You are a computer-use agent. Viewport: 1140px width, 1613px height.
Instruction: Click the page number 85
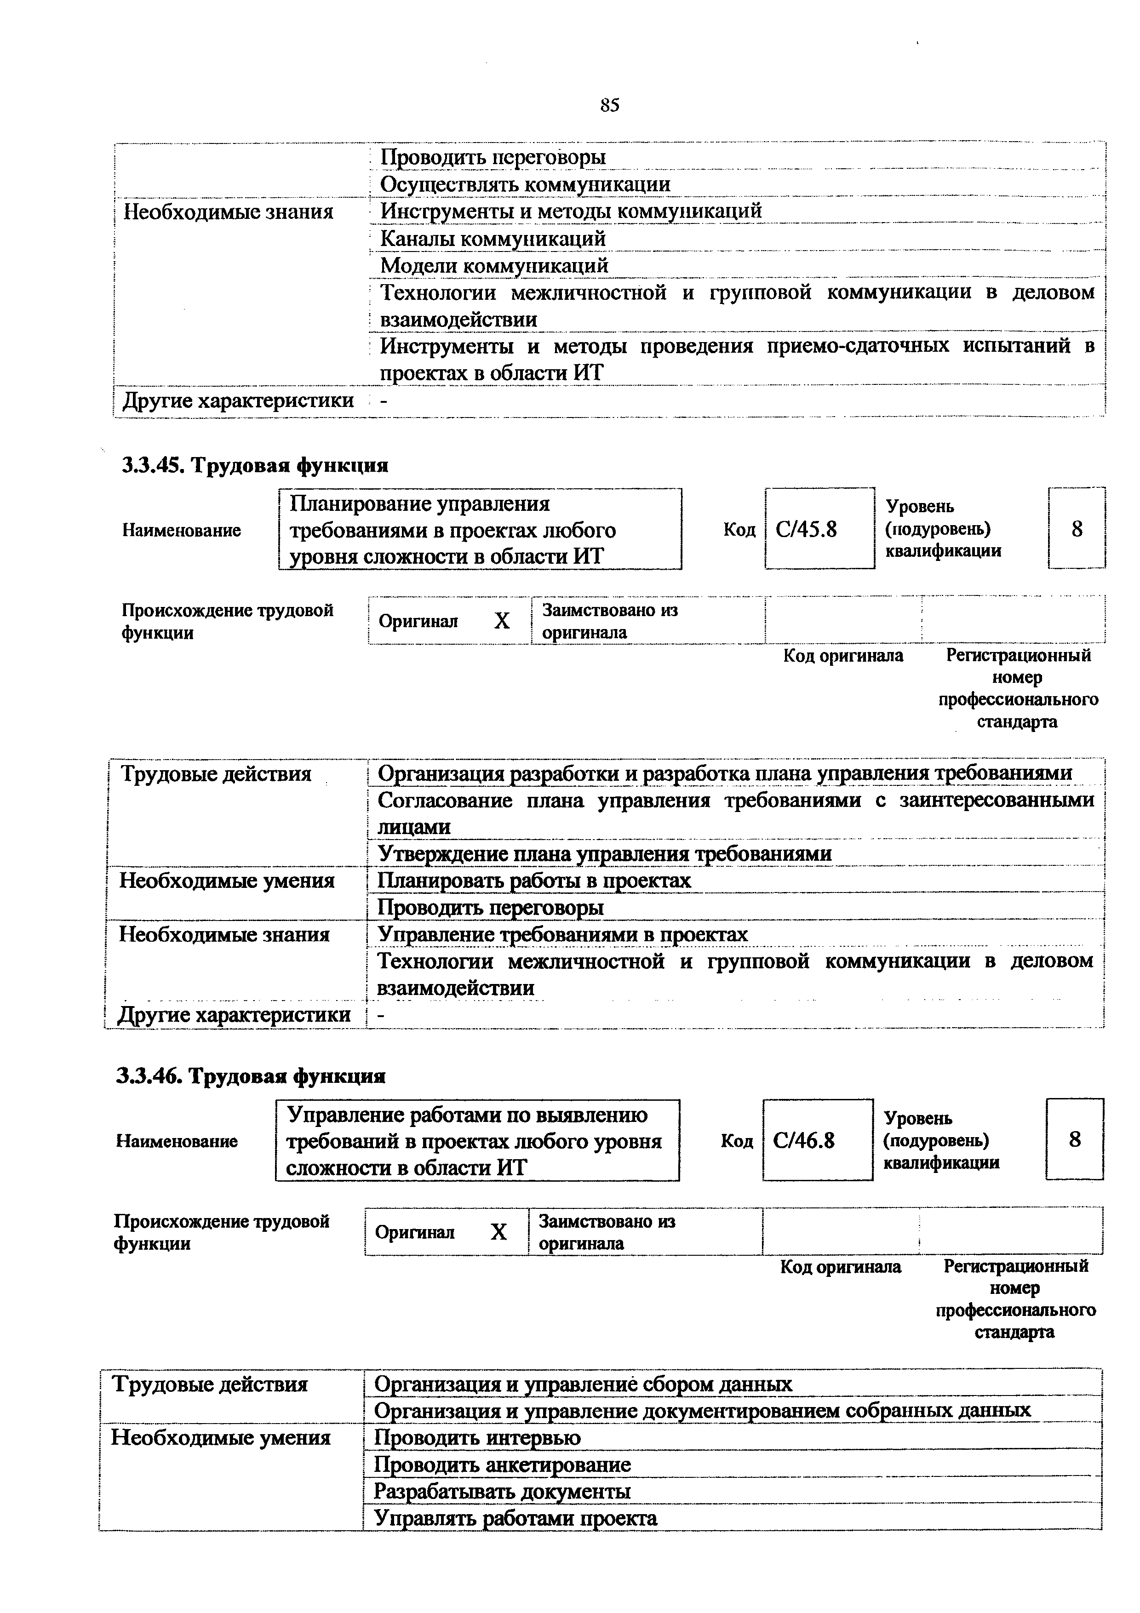(x=610, y=105)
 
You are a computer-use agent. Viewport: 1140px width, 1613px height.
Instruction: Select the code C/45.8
(x=806, y=528)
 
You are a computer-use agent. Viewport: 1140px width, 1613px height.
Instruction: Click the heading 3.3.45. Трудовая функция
(x=255, y=465)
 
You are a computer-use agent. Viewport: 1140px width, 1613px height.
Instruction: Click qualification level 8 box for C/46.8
(x=1074, y=1139)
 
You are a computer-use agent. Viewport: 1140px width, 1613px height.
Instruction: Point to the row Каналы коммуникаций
(x=493, y=239)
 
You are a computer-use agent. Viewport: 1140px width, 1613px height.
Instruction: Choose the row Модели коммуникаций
(x=494, y=266)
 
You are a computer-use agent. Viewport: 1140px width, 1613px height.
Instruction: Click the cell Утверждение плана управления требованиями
(x=605, y=853)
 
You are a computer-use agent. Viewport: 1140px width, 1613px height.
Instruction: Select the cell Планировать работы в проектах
(x=534, y=880)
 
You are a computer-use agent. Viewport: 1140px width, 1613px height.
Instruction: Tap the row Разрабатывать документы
(x=502, y=1491)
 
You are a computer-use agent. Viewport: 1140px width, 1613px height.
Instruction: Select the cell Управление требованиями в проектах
(x=562, y=934)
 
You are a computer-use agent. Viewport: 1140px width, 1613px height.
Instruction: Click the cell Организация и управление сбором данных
(x=583, y=1384)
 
